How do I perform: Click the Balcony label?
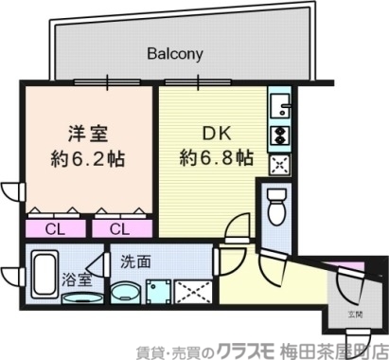tap(175, 54)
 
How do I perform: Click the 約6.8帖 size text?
tap(217, 156)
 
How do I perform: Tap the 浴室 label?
tap(77, 279)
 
